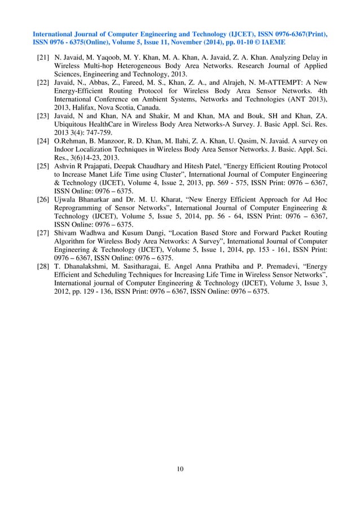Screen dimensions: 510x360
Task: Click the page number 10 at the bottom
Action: [180, 468]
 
